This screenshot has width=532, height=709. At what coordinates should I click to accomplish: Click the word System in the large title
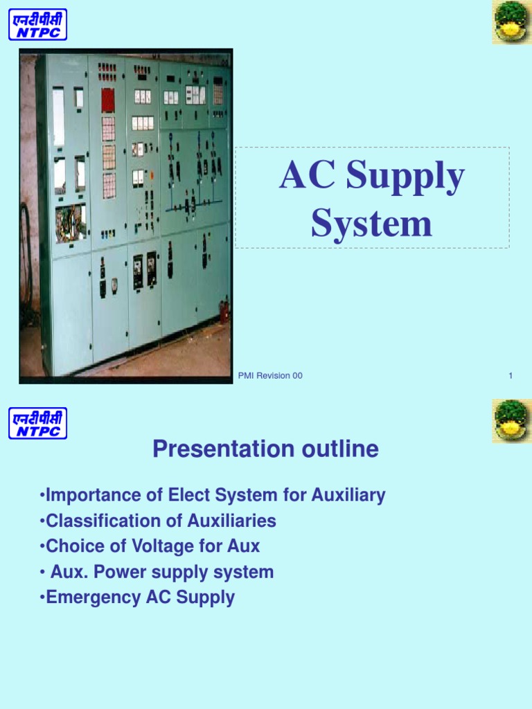click(371, 224)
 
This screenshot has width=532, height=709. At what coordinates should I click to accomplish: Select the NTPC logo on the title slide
click(37, 24)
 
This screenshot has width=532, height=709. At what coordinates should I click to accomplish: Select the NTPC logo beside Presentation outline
click(37, 423)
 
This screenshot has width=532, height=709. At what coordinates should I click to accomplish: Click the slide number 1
click(510, 376)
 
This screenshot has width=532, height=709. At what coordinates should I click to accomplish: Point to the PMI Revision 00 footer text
click(270, 376)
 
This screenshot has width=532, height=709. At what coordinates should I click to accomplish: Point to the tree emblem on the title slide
click(511, 23)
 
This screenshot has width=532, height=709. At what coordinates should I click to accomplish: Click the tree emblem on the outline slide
click(511, 421)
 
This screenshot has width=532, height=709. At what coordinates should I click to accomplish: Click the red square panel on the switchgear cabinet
click(108, 100)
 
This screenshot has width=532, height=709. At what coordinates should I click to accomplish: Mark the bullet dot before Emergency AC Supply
click(42, 598)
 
